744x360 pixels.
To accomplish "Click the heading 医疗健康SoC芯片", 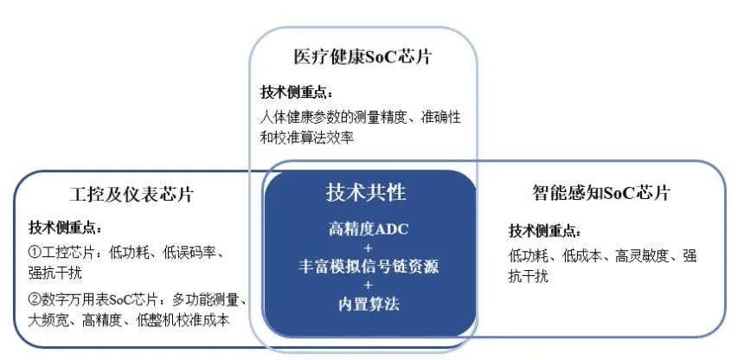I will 362,58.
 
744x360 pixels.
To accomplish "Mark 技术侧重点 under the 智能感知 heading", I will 544,231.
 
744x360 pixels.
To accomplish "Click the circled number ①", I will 35,253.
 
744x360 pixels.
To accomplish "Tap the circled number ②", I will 35,300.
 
